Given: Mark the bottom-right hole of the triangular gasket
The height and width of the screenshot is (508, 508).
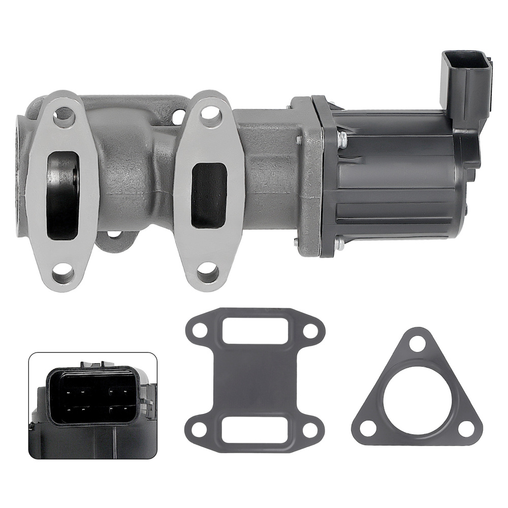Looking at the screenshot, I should point(463,430).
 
